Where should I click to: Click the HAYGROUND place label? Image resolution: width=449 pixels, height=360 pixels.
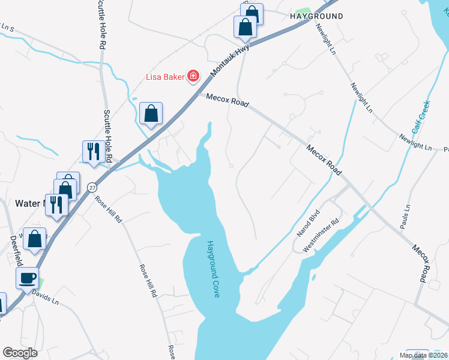pyautogui.click(x=316, y=16)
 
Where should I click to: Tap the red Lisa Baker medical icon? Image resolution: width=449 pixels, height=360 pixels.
pyautogui.click(x=193, y=76)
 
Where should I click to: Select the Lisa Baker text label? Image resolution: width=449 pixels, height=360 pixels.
pyautogui.click(x=166, y=76)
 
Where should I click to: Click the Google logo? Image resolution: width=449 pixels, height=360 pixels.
pyautogui.click(x=20, y=353)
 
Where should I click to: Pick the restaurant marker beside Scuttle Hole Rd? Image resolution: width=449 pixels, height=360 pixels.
pyautogui.click(x=92, y=151)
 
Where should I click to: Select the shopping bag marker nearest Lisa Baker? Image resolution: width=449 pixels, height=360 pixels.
pyautogui.click(x=151, y=113)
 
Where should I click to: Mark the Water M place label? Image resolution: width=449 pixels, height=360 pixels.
pyautogui.click(x=30, y=203)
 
